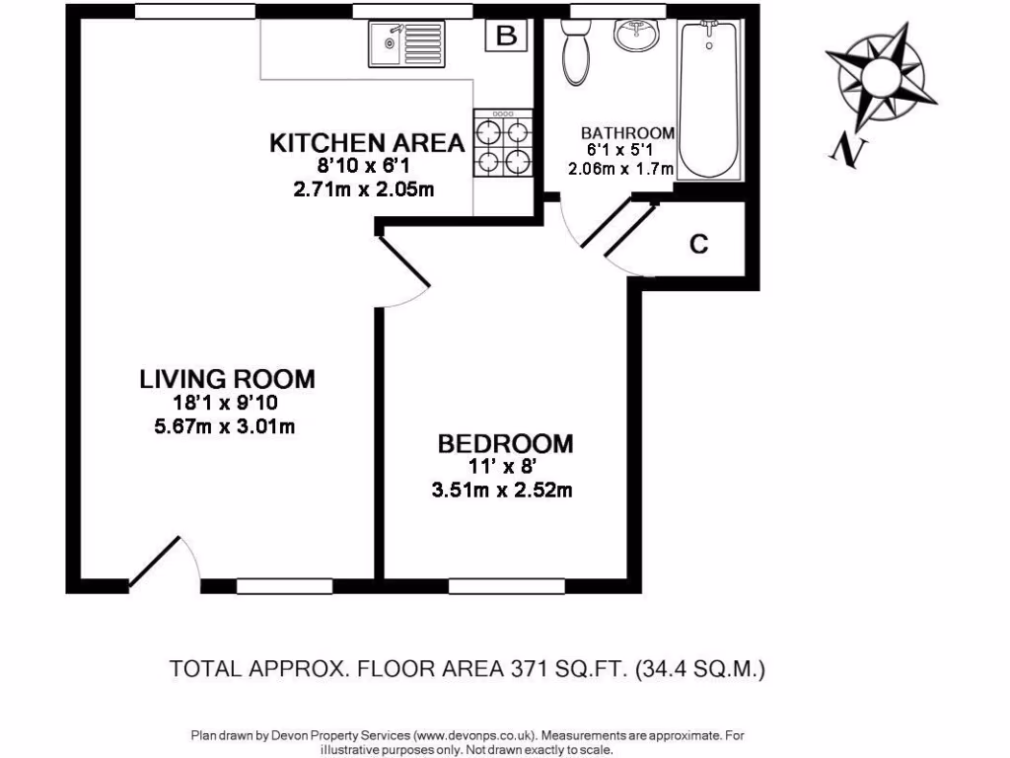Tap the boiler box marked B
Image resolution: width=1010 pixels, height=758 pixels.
(506, 38)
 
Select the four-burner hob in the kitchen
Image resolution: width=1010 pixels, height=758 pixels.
(503, 143)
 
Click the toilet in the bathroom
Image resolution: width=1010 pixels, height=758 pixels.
(575, 53)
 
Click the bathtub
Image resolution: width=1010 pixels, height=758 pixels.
(708, 99)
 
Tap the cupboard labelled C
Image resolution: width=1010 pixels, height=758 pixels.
(698, 244)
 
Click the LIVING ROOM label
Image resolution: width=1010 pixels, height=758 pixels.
(227, 378)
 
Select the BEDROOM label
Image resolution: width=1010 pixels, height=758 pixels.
(505, 443)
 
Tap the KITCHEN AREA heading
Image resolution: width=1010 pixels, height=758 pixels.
(367, 143)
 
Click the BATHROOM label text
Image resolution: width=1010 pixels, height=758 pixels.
(626, 132)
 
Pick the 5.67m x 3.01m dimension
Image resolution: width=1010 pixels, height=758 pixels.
(227, 426)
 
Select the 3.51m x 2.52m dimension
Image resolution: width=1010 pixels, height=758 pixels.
(505, 490)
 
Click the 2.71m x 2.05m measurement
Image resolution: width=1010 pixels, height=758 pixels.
(365, 189)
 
